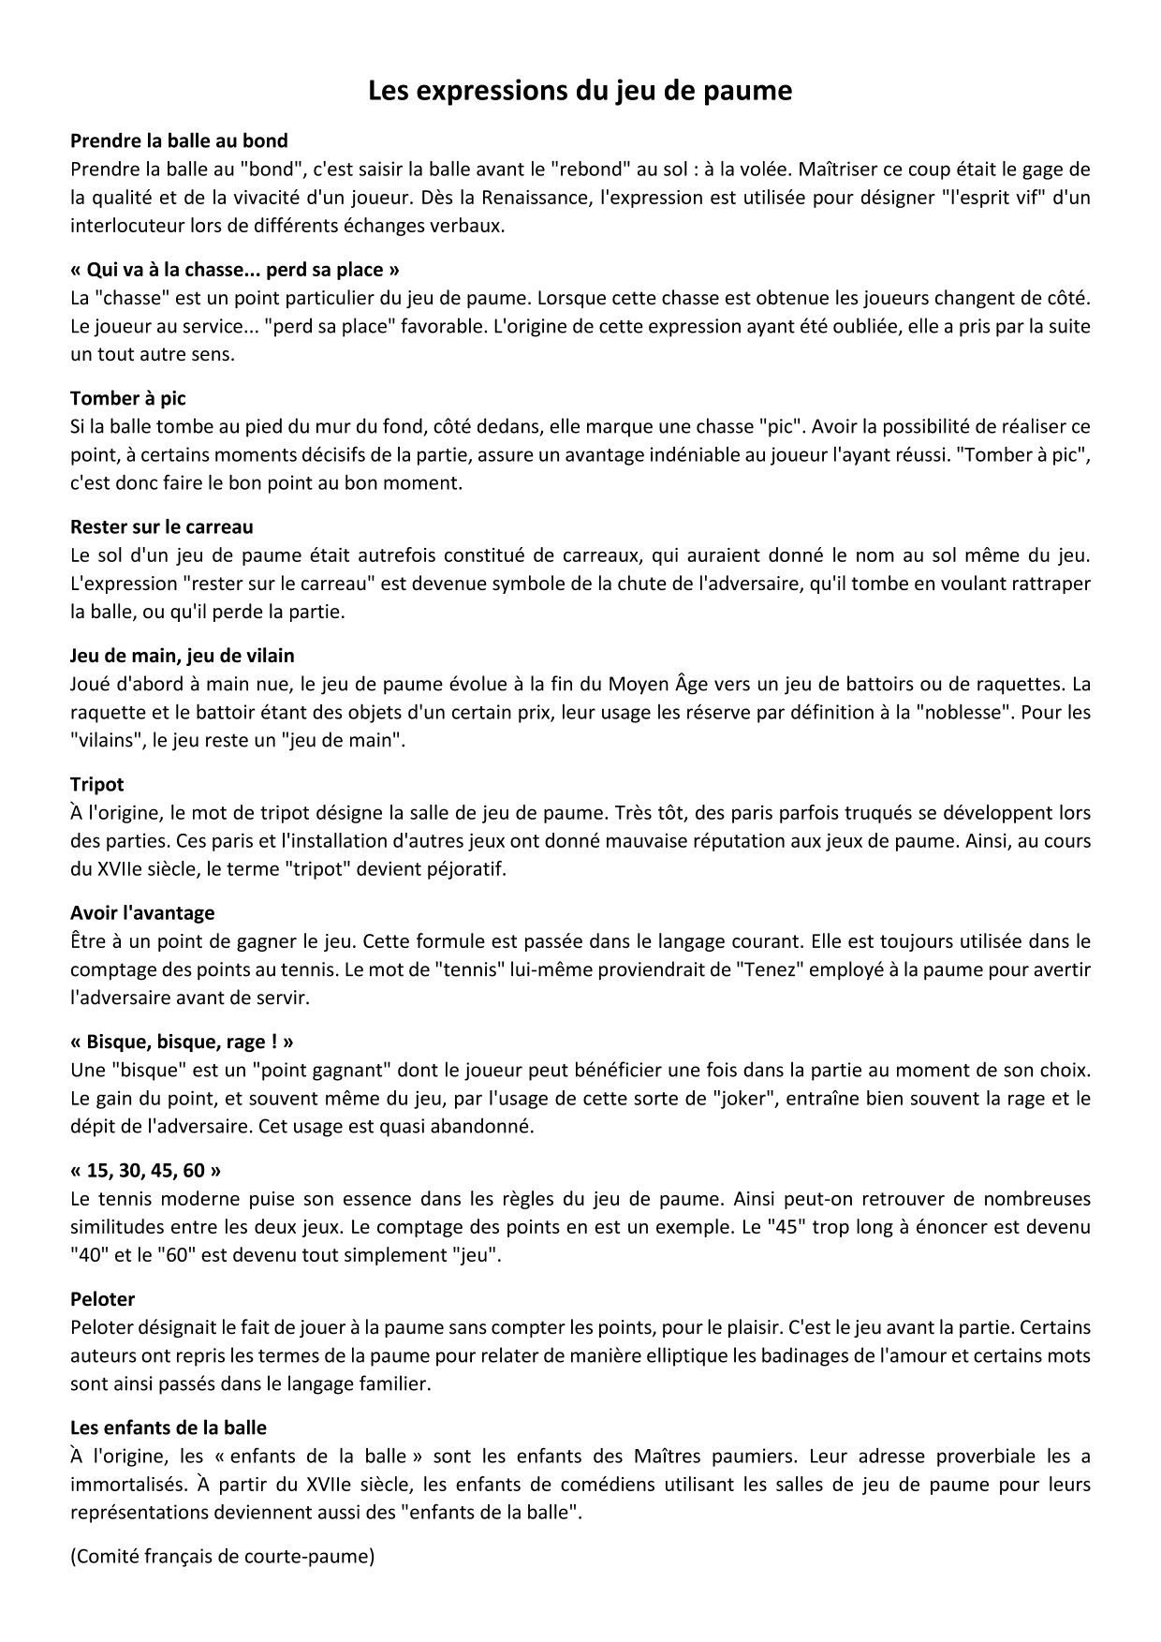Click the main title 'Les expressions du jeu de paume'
click(x=580, y=91)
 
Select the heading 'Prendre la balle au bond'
click(x=179, y=141)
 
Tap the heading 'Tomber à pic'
click(x=128, y=399)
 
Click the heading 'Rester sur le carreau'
click(x=161, y=527)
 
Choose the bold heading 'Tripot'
click(x=97, y=784)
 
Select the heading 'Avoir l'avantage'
click(x=142, y=912)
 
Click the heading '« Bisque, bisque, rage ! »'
click(x=183, y=1042)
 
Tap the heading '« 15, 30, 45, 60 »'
click(x=146, y=1170)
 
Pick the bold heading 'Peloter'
click(x=103, y=1299)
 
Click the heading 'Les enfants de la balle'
click(x=169, y=1428)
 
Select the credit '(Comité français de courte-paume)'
click(x=223, y=1557)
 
